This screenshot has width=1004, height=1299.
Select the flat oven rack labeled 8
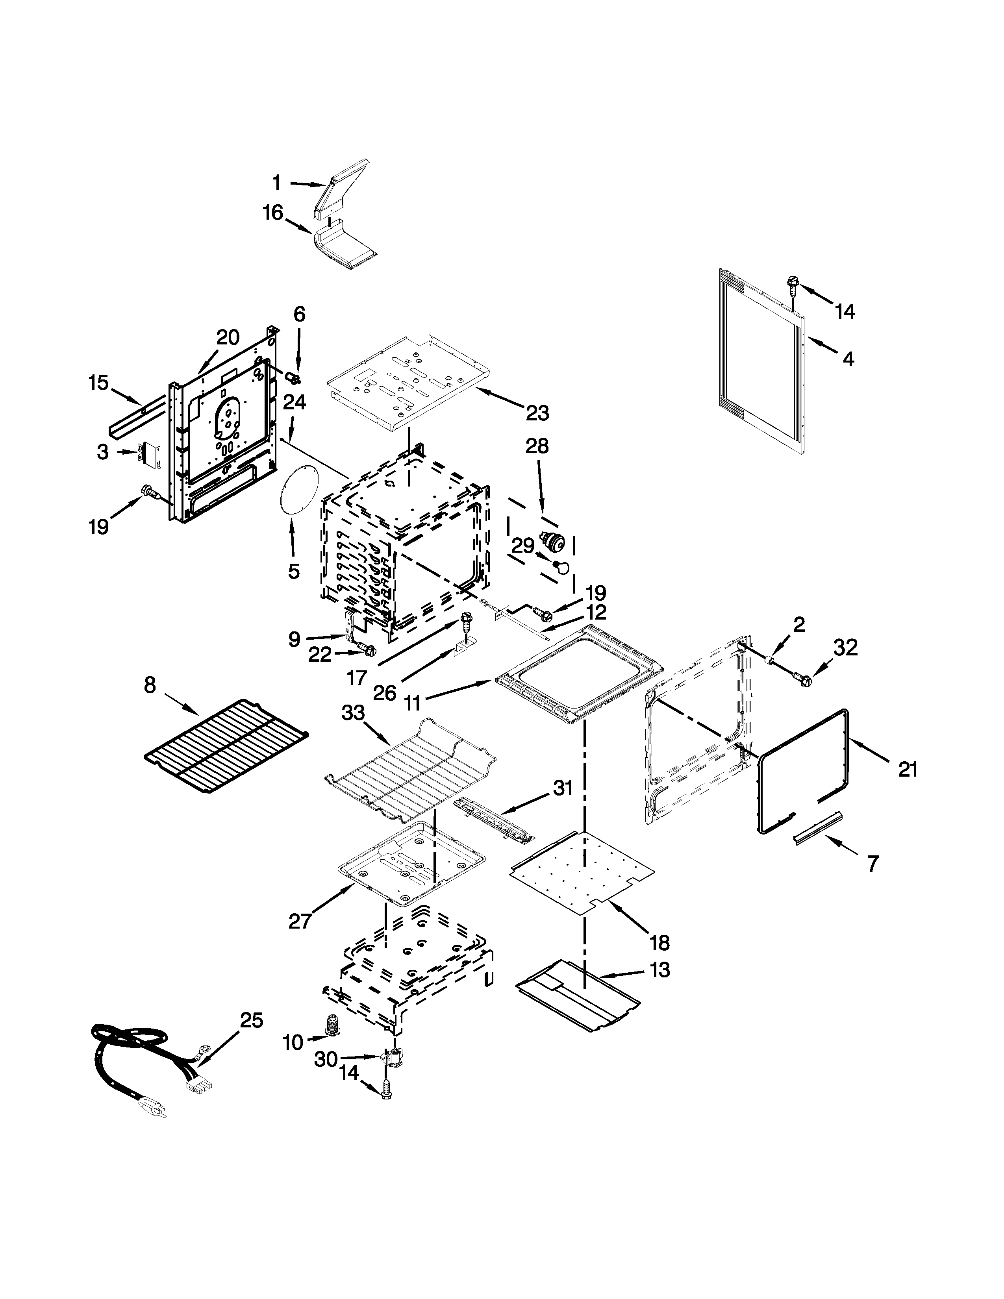pyautogui.click(x=226, y=746)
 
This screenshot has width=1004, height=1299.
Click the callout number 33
pyautogui.click(x=353, y=712)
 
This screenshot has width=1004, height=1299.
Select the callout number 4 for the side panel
pyautogui.click(x=848, y=359)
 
